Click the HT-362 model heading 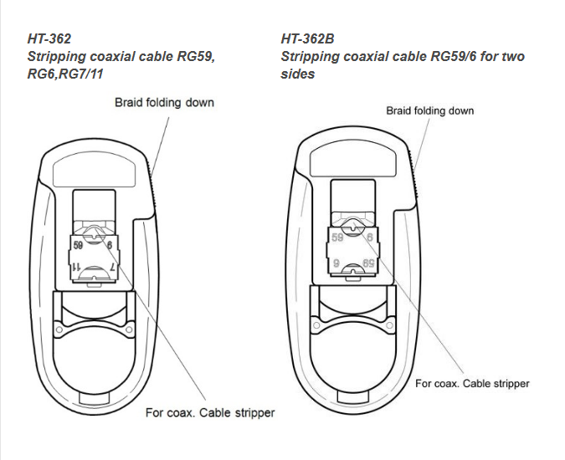(49, 38)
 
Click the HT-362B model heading (307, 38)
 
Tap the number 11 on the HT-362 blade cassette (77, 267)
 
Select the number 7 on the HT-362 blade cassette (112, 268)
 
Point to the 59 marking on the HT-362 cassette (78, 245)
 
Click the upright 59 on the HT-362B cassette (337, 238)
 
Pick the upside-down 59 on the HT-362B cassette (368, 263)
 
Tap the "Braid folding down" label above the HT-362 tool (164, 103)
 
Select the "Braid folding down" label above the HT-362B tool (430, 110)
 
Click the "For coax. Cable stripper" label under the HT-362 (210, 412)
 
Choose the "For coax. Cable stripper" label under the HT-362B (472, 383)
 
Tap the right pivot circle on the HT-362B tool (388, 325)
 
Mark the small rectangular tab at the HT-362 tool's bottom (95, 398)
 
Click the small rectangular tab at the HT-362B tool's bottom (353, 396)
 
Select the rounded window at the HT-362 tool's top (95, 173)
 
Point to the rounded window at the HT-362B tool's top (353, 162)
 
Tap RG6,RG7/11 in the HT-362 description (65, 74)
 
